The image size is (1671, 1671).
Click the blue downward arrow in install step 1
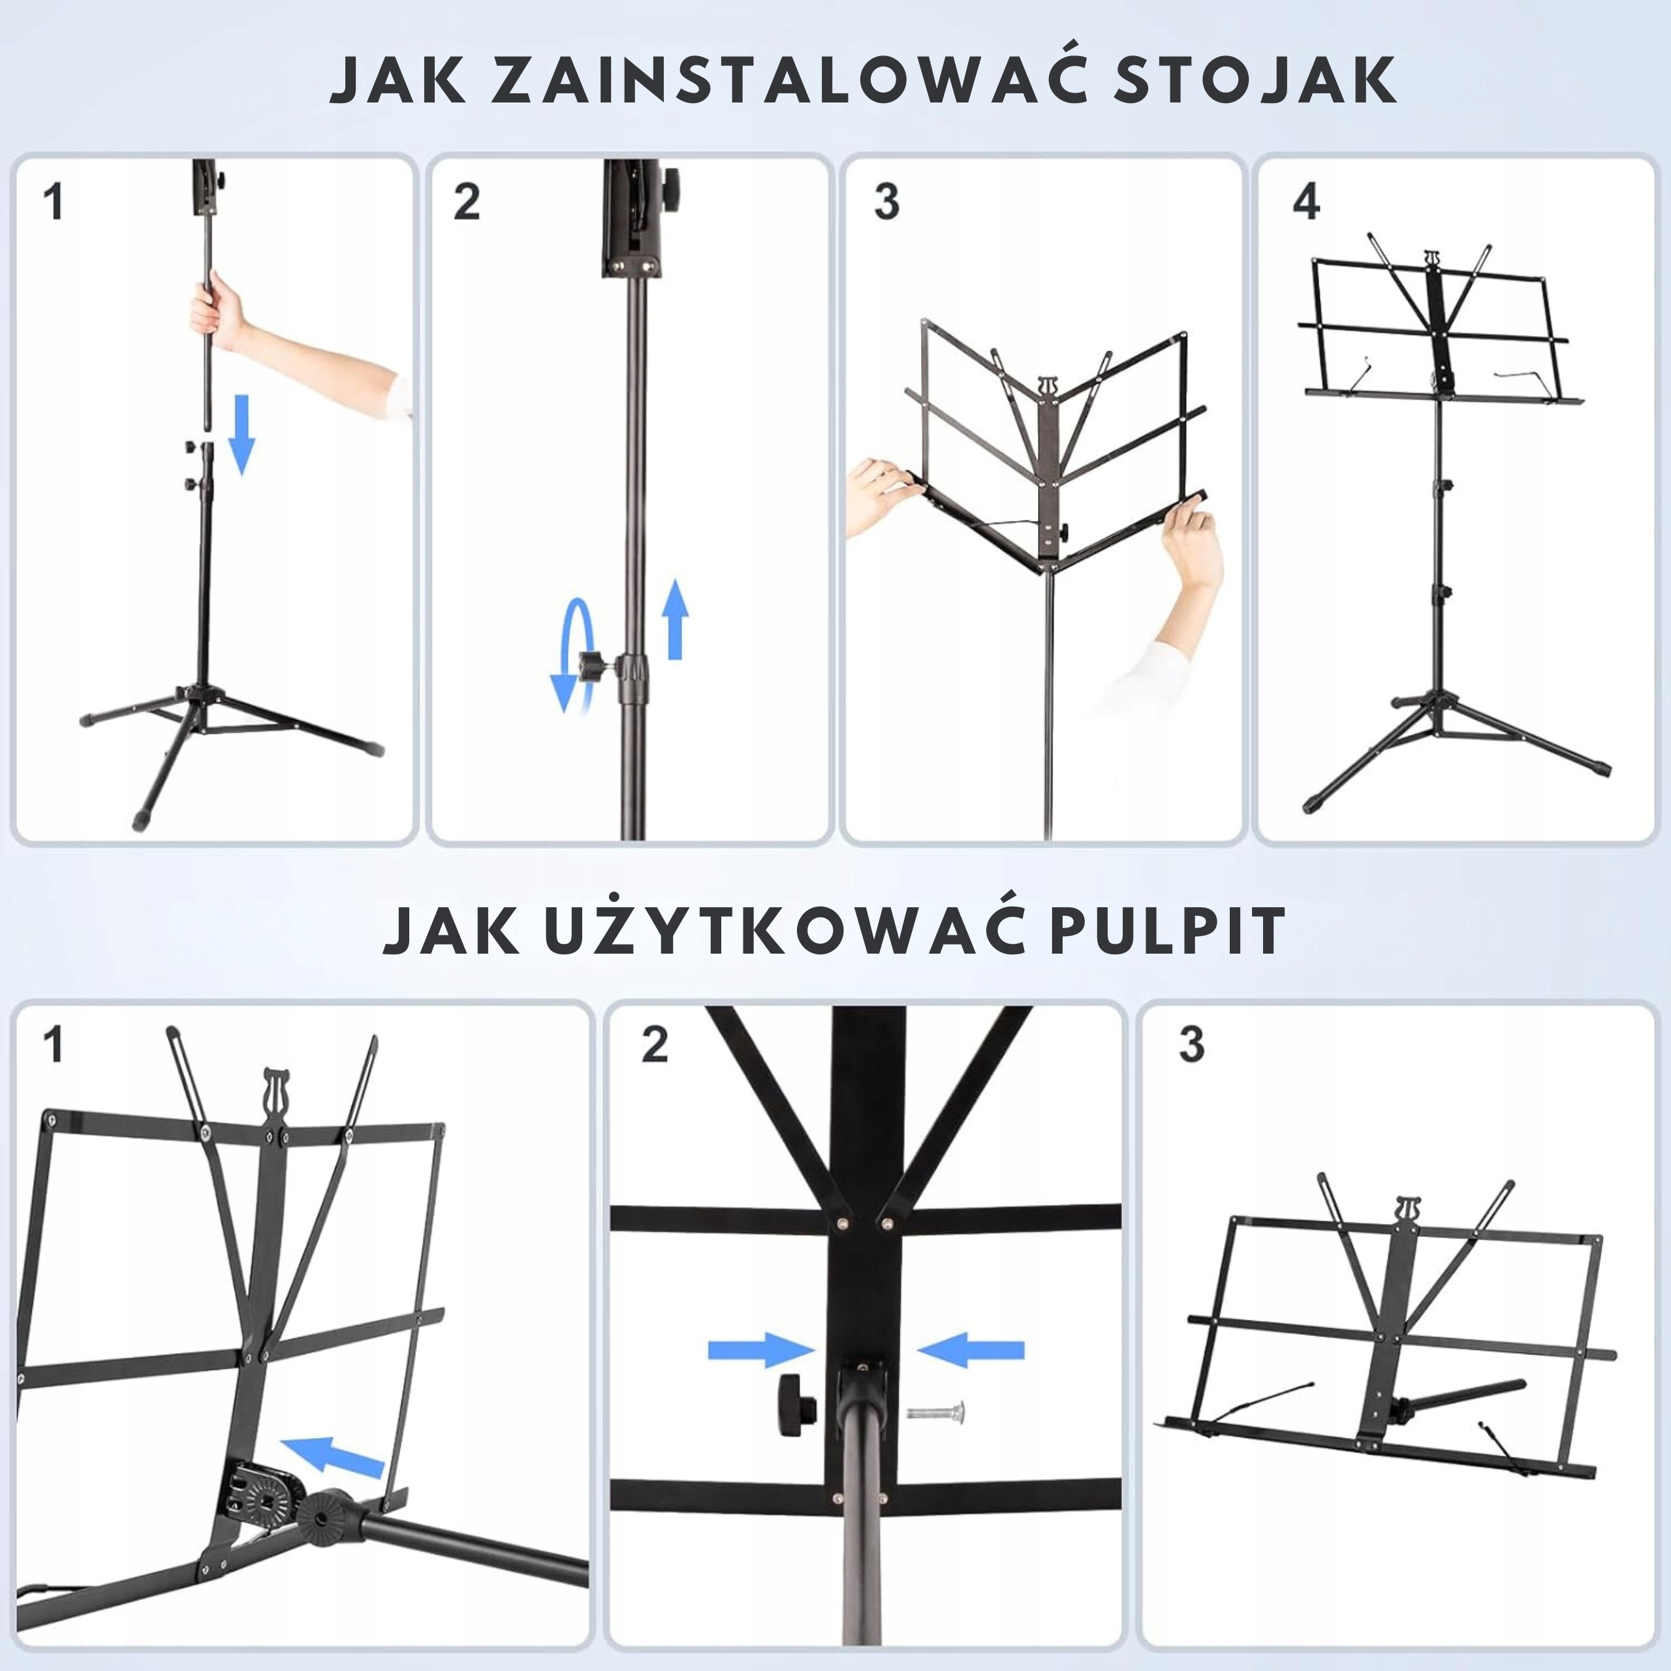pyautogui.click(x=242, y=434)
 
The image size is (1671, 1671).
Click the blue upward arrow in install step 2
pyautogui.click(x=675, y=619)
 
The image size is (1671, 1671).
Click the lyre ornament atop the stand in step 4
pyautogui.click(x=1434, y=260)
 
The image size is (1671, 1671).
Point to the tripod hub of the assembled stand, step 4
pyautogui.click(x=1439, y=699)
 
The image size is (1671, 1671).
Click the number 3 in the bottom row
pyautogui.click(x=1191, y=1045)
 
